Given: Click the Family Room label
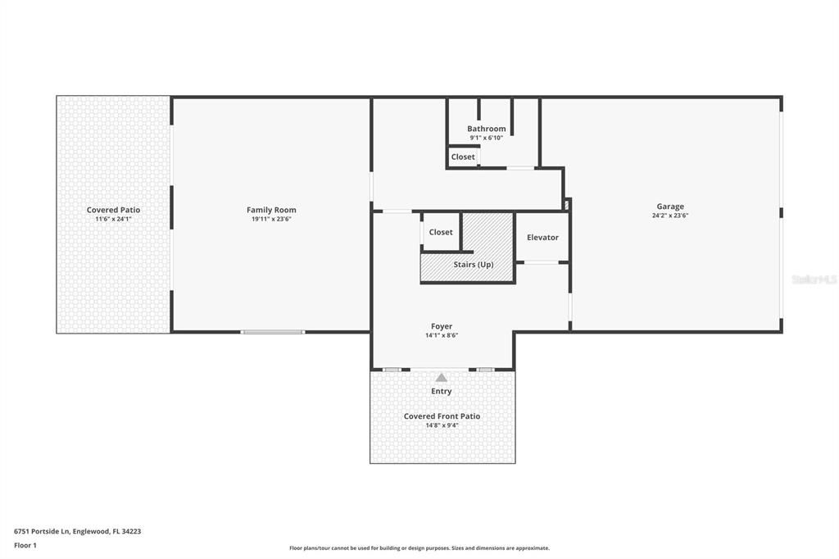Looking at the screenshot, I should pos(271,210).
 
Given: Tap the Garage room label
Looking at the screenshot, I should pos(669,207).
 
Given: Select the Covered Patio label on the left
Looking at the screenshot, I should pos(113,210).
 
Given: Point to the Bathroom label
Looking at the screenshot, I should pos(486,129).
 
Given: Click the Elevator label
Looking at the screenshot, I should pos(542,237).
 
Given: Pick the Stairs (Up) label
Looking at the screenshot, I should pos(474,265).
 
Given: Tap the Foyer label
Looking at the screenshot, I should pos(442,326).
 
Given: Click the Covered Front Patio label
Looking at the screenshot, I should pos(442,416).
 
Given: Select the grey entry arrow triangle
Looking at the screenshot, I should pos(442,377).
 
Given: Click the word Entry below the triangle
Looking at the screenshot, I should pos(442,391).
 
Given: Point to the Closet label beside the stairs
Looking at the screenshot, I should pos(441,232).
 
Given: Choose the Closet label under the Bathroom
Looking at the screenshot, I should pos(463,157).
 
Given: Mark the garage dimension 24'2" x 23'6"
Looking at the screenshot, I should pos(669,216).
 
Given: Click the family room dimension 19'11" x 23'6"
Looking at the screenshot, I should pos(271,219).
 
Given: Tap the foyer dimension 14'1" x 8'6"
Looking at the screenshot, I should pos(442,335).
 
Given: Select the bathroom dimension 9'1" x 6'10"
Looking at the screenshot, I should pos(486,138).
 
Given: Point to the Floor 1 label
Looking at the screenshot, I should pos(25,545).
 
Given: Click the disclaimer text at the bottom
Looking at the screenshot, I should pos(419,548).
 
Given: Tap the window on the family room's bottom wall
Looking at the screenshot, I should pos(272,332).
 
